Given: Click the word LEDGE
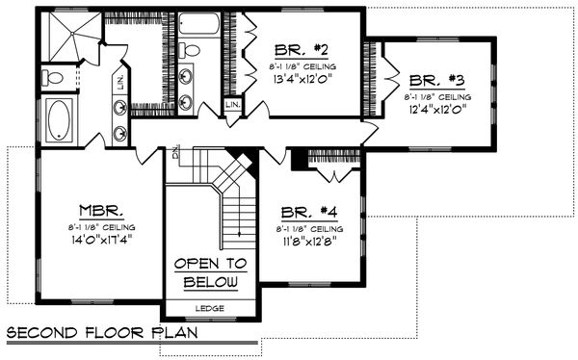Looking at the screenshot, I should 209,308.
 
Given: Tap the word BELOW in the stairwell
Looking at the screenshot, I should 210,283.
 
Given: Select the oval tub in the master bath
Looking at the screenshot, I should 60,120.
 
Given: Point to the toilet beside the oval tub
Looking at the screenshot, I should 55,76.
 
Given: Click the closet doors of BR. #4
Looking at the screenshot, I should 332,174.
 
